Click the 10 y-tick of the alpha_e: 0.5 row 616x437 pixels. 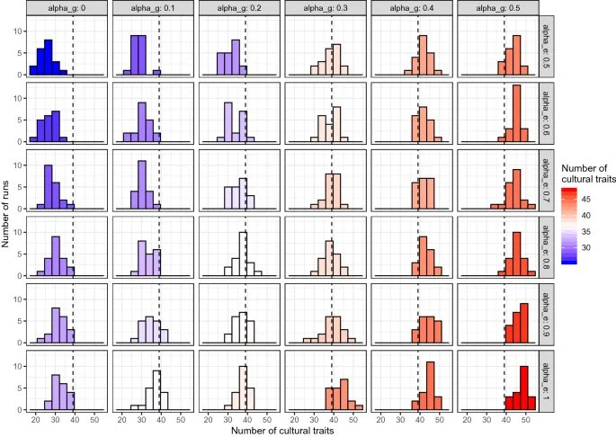(x=21, y=31)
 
